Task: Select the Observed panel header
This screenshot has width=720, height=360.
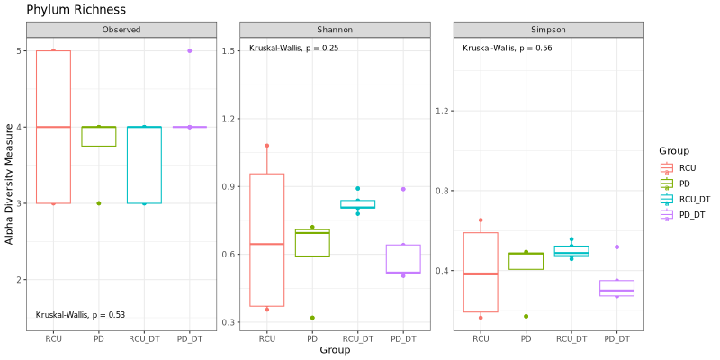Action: click(121, 30)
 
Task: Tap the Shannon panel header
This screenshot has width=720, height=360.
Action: click(335, 30)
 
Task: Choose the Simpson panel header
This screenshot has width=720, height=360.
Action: click(549, 30)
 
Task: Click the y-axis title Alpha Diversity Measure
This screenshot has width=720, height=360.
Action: click(10, 184)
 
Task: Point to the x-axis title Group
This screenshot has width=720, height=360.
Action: click(335, 350)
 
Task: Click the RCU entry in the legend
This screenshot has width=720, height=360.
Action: click(687, 167)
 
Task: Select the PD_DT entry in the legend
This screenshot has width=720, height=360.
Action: click(690, 213)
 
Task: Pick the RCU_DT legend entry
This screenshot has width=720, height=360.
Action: click(694, 198)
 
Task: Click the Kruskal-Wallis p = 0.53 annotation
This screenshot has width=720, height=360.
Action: click(80, 315)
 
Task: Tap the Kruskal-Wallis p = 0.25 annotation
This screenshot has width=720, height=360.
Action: click(293, 48)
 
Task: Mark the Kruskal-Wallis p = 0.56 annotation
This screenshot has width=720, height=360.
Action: click(508, 48)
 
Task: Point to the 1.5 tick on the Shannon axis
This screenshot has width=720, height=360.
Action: click(229, 51)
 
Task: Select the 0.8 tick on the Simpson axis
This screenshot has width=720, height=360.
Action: click(444, 192)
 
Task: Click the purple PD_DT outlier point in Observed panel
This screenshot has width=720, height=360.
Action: click(190, 51)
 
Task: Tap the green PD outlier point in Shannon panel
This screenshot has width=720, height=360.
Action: click(312, 318)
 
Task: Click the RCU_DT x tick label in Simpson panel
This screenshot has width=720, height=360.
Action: click(571, 338)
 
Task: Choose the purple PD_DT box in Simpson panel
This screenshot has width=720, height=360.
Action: click(617, 288)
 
